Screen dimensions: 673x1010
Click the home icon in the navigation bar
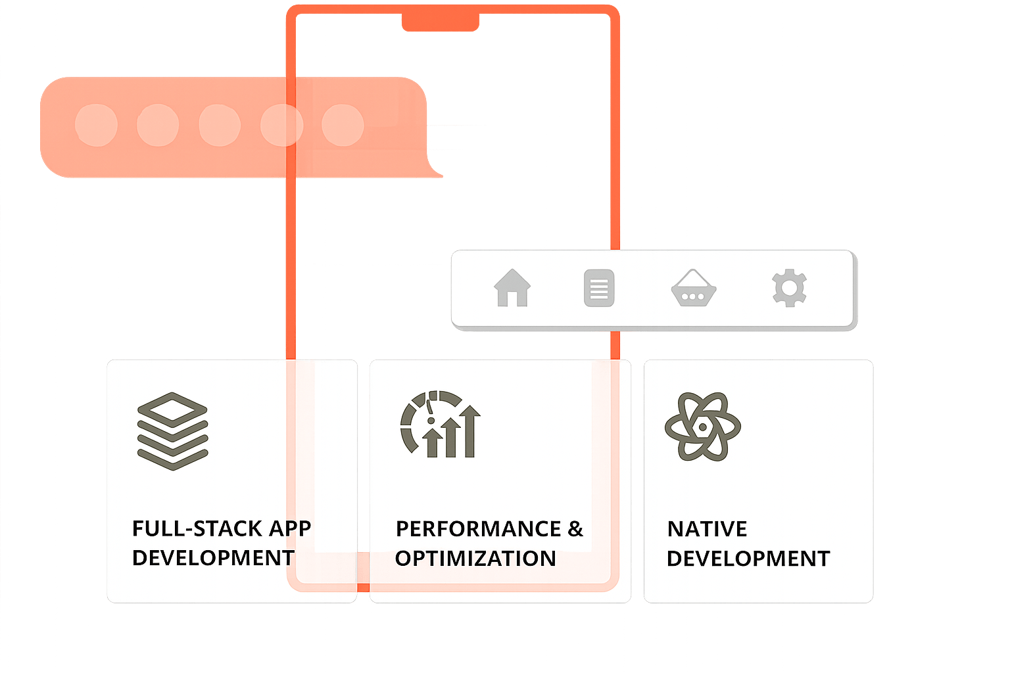coord(512,289)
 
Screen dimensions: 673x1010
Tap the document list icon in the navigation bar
coord(599,289)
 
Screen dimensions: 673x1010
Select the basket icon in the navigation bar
coord(693,289)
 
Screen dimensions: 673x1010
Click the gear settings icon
coord(789,288)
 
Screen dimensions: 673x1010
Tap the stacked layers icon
coord(172,431)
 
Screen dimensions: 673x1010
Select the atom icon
coord(703,427)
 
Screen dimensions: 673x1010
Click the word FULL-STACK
coord(187,528)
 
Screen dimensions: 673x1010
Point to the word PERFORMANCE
coord(479,529)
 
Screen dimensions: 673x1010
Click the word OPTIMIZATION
coord(475,559)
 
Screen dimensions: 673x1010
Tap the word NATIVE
coord(707,529)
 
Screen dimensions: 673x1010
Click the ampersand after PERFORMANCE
coord(575,529)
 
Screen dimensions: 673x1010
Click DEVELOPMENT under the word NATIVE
coord(748,559)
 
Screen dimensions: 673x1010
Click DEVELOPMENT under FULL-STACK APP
coord(213,558)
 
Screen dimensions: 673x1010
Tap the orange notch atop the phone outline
coord(440,22)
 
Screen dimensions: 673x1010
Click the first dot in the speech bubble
coord(97,125)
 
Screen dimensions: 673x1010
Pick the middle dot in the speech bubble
coord(220,125)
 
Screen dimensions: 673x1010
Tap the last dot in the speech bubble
coord(343,125)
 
